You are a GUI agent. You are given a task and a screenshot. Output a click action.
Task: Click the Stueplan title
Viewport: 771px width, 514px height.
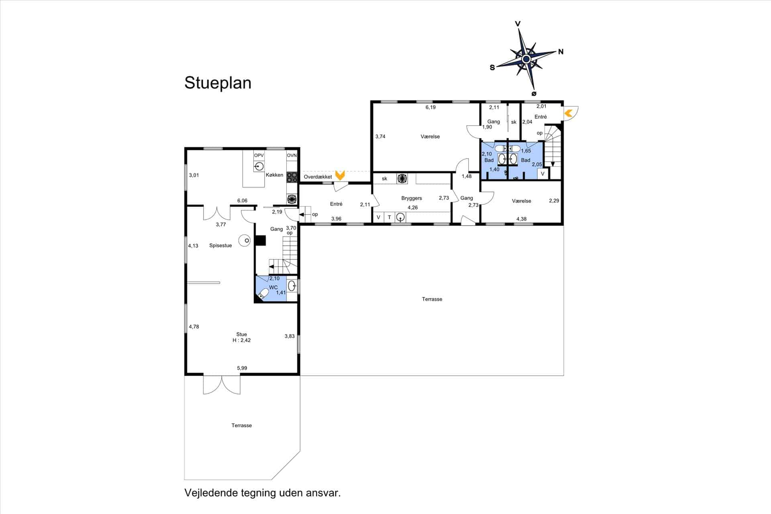218,83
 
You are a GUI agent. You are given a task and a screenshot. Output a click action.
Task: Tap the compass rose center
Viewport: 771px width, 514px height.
526,59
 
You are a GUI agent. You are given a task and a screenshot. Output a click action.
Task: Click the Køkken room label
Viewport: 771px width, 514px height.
274,175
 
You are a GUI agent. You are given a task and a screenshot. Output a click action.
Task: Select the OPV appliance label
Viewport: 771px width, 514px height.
259,155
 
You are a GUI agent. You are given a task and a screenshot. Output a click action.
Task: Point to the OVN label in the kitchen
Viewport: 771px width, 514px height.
292,155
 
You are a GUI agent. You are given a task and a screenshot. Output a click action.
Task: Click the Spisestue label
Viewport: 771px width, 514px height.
220,246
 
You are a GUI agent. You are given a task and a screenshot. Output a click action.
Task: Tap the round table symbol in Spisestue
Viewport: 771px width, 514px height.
245,241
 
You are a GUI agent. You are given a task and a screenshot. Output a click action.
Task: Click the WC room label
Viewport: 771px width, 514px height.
273,288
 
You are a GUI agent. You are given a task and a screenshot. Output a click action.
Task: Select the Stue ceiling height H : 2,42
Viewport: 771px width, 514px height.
242,341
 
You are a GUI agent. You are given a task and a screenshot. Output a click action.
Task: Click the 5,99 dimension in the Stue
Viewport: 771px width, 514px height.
242,368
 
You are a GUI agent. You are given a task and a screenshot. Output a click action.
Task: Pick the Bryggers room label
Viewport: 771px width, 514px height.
412,198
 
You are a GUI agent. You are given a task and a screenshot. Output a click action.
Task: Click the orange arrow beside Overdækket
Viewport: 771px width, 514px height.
340,175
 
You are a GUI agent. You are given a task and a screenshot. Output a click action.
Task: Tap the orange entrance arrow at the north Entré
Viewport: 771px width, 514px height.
568,114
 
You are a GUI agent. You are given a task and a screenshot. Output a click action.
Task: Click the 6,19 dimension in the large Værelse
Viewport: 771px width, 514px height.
430,108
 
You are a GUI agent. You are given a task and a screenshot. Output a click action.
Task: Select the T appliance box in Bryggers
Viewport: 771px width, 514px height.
389,218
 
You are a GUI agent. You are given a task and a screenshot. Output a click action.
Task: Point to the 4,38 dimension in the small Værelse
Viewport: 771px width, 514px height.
521,219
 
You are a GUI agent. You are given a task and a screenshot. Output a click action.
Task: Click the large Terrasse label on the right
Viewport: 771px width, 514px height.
432,299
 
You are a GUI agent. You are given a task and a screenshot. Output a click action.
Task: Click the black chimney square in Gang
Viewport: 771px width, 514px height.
261,241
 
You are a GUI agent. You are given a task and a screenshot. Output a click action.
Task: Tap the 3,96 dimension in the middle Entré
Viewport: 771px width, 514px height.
337,219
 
